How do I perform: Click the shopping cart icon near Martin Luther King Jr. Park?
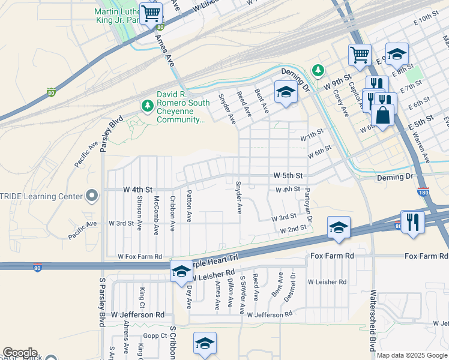151,13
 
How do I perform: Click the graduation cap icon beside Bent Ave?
286,92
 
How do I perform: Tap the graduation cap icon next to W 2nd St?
339,228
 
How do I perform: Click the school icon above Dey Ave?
181,272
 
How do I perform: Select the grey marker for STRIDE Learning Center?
91,196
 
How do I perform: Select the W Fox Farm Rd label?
140,257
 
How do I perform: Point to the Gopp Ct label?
154,337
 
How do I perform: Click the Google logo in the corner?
19,353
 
